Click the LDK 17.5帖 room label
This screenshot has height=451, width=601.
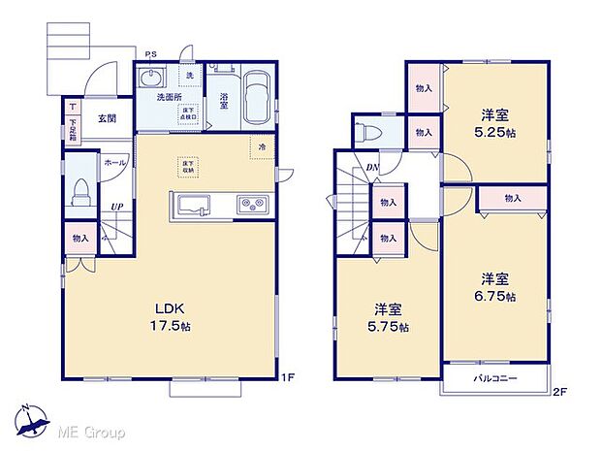[x=167, y=318]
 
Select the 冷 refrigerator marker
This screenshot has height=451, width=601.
[x=263, y=146]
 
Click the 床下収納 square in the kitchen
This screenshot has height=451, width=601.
[x=184, y=165]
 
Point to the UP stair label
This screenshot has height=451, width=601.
[x=116, y=207]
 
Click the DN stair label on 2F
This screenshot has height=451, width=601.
[x=372, y=168]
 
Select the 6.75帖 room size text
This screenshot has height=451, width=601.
[x=495, y=296]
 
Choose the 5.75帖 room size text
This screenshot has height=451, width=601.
[x=391, y=326]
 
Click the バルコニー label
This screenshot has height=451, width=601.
[x=494, y=378]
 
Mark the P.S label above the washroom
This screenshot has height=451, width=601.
[x=152, y=53]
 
